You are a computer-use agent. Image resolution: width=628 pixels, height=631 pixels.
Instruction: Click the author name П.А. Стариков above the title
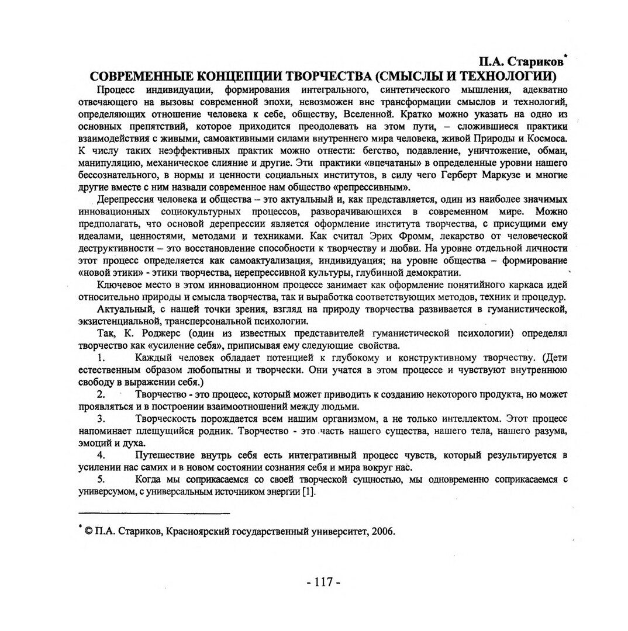pyautogui.click(x=521, y=61)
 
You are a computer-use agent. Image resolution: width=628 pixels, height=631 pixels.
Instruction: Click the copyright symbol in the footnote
pyautogui.click(x=87, y=532)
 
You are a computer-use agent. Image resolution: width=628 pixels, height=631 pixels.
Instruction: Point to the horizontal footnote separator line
pyautogui.click(x=154, y=513)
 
